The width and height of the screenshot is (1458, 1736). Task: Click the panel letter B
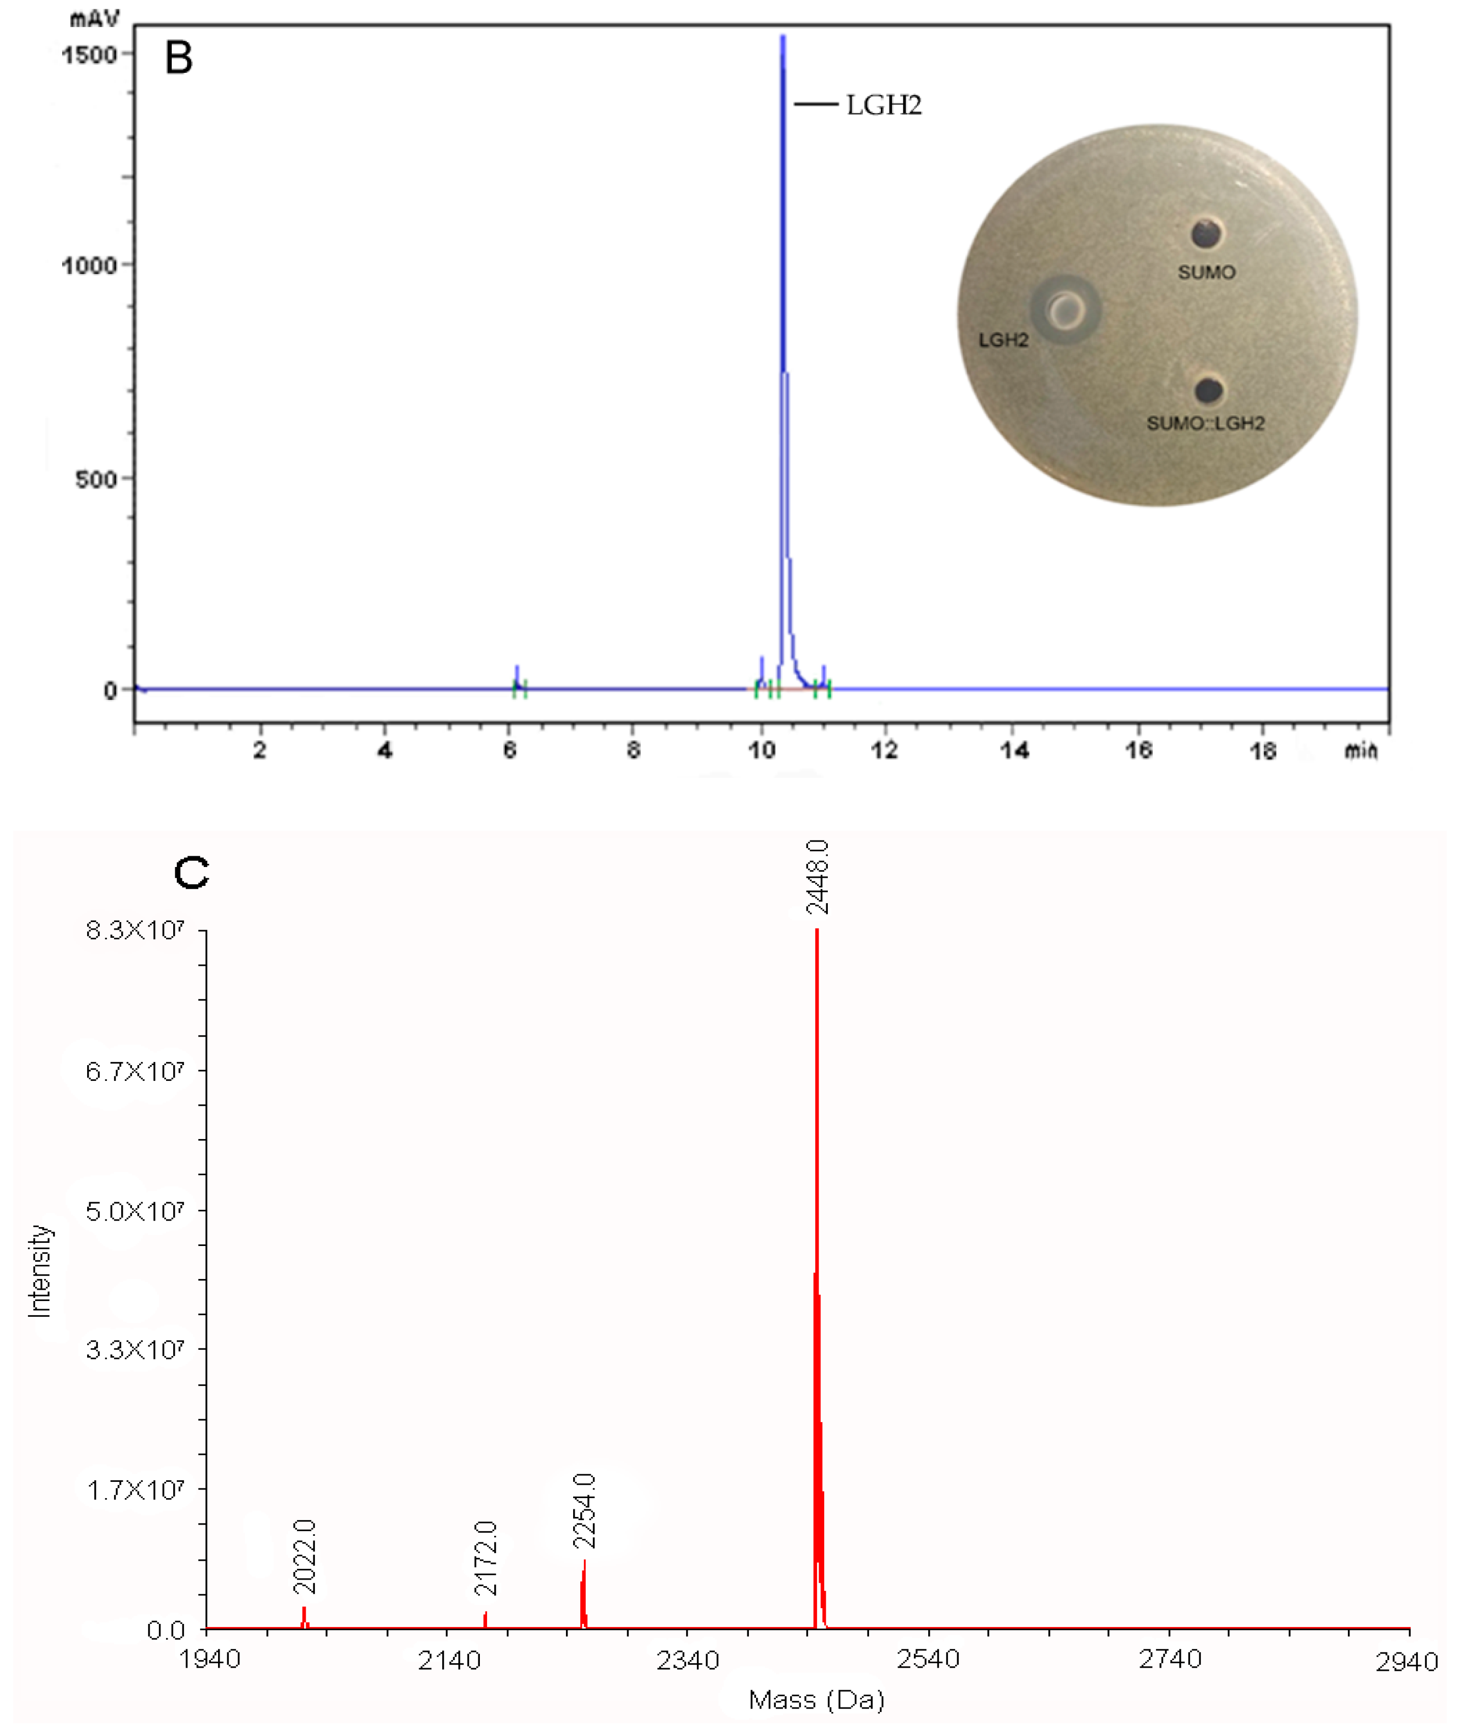pos(178,58)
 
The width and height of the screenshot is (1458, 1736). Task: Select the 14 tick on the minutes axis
pos(1014,750)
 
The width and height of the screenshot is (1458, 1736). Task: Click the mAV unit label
pos(94,18)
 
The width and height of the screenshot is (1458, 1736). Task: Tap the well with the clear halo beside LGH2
pos(1065,310)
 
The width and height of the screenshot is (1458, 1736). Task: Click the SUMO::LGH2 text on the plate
pos(1205,423)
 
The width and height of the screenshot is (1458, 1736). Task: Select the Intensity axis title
pos(40,1270)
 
